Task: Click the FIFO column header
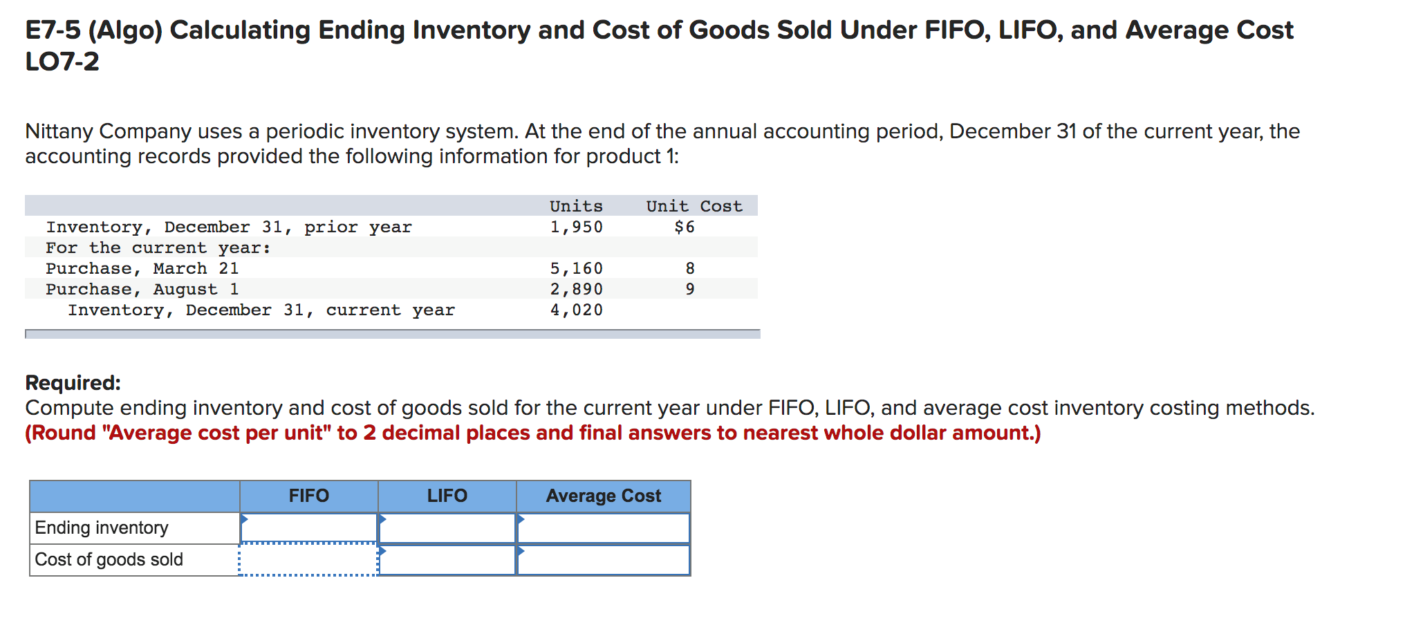(x=308, y=496)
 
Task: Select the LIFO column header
(x=447, y=496)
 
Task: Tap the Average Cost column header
(x=603, y=496)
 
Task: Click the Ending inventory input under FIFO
(x=308, y=528)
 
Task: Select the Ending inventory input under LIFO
(x=447, y=528)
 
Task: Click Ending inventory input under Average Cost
(x=603, y=528)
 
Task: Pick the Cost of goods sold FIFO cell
(x=308, y=560)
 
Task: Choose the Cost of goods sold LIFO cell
(x=447, y=560)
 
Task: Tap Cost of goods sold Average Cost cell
(x=603, y=560)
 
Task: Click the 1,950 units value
(x=576, y=227)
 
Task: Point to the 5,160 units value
(x=576, y=268)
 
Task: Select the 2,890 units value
(x=576, y=289)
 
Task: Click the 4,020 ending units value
(x=576, y=310)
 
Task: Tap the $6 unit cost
(x=685, y=227)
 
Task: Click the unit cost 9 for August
(x=689, y=289)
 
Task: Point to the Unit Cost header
(x=694, y=206)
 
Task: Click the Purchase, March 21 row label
(x=142, y=268)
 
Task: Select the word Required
(x=73, y=382)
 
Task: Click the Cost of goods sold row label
(x=109, y=559)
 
